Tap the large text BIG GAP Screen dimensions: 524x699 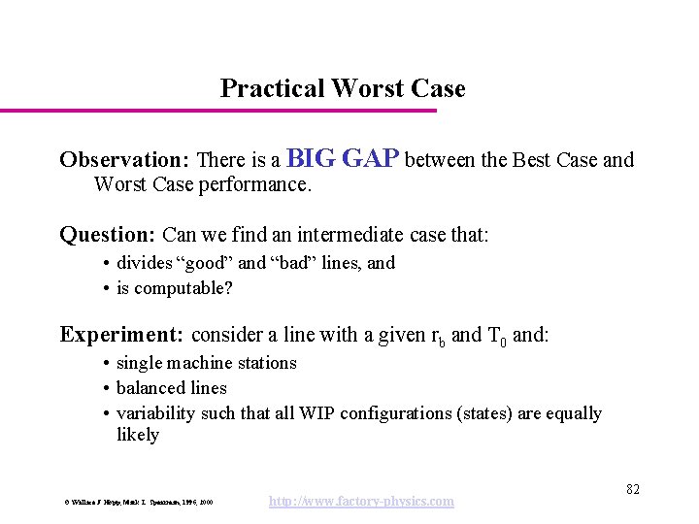[x=344, y=158]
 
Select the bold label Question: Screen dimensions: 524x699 [x=108, y=235]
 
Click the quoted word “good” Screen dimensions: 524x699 [x=201, y=263]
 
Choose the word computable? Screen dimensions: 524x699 [x=183, y=288]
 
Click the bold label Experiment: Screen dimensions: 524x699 [x=121, y=335]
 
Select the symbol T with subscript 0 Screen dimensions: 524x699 [x=495, y=337]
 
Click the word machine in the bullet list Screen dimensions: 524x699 [x=191, y=363]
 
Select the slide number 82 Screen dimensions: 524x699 [x=632, y=489]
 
